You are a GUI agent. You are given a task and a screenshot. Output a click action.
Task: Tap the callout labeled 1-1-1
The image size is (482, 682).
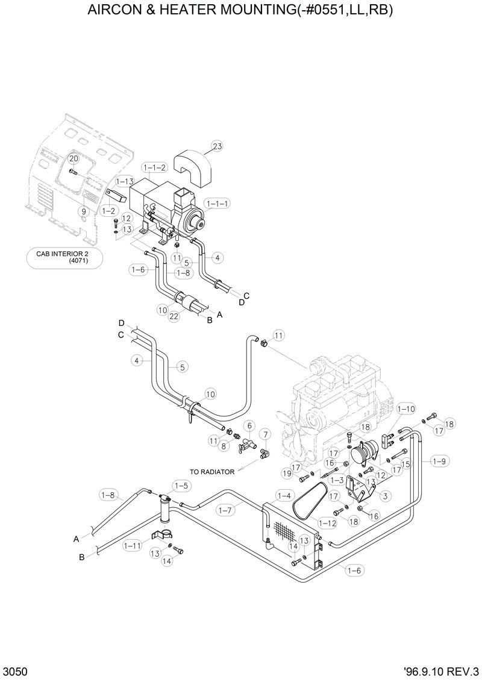click(x=216, y=204)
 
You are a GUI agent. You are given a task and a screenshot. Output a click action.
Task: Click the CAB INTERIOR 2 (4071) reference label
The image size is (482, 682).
click(x=64, y=257)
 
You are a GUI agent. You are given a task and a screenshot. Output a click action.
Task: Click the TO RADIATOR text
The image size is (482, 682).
click(x=211, y=472)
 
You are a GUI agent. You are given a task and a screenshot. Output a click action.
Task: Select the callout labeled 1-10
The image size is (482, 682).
click(x=407, y=409)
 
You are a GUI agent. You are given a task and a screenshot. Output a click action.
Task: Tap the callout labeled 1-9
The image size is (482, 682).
click(x=439, y=461)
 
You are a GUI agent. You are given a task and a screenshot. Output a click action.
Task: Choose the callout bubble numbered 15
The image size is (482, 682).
click(x=405, y=464)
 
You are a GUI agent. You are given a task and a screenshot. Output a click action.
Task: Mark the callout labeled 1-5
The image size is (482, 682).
click(x=181, y=485)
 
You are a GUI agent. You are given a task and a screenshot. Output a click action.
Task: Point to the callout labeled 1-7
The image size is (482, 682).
click(x=225, y=510)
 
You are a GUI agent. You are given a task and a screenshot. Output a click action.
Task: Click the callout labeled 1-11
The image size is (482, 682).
click(x=132, y=546)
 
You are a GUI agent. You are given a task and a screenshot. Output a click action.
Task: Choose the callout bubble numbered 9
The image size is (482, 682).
click(x=84, y=211)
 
